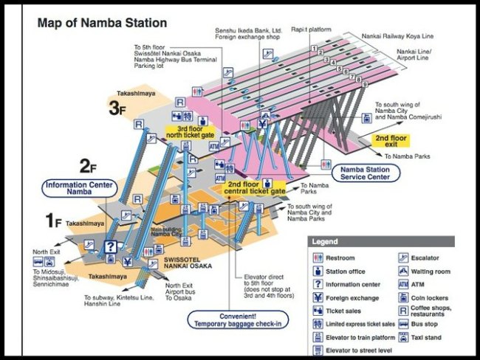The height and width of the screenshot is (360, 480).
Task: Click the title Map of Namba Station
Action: (x=102, y=23)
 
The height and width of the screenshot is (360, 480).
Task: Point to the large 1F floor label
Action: (x=51, y=219)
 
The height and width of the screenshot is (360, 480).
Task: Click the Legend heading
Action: (x=327, y=242)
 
